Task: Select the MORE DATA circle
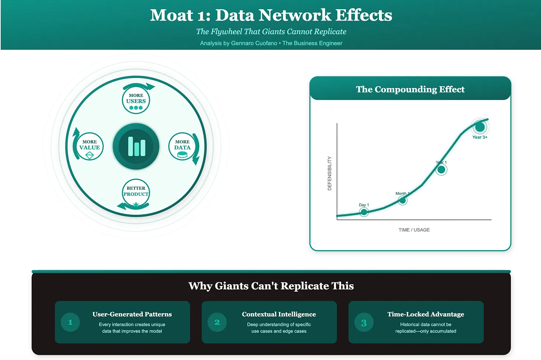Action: (182, 146)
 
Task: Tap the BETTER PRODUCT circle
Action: (136, 193)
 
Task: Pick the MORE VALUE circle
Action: (90, 146)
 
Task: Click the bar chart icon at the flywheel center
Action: (136, 146)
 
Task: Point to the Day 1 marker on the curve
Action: (364, 212)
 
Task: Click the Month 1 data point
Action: (402, 201)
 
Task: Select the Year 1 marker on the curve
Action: (441, 170)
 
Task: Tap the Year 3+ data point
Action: (480, 127)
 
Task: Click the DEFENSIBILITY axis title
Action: (330, 173)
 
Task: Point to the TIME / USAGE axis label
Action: (414, 230)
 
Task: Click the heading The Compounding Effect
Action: (410, 90)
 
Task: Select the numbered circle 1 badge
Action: (70, 322)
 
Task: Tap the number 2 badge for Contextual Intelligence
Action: (217, 322)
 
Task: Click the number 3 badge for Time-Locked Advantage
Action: (364, 323)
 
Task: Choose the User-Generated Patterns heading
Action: (132, 314)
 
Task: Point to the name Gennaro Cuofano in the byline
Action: (254, 43)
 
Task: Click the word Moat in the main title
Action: (171, 16)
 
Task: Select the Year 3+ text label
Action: (480, 137)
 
